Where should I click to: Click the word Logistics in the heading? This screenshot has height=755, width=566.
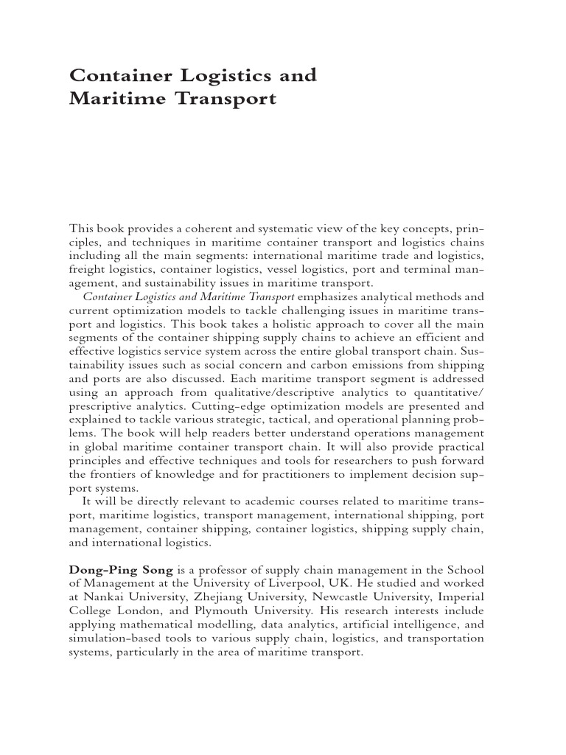[225, 75]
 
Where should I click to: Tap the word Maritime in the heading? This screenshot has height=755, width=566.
[108, 98]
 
